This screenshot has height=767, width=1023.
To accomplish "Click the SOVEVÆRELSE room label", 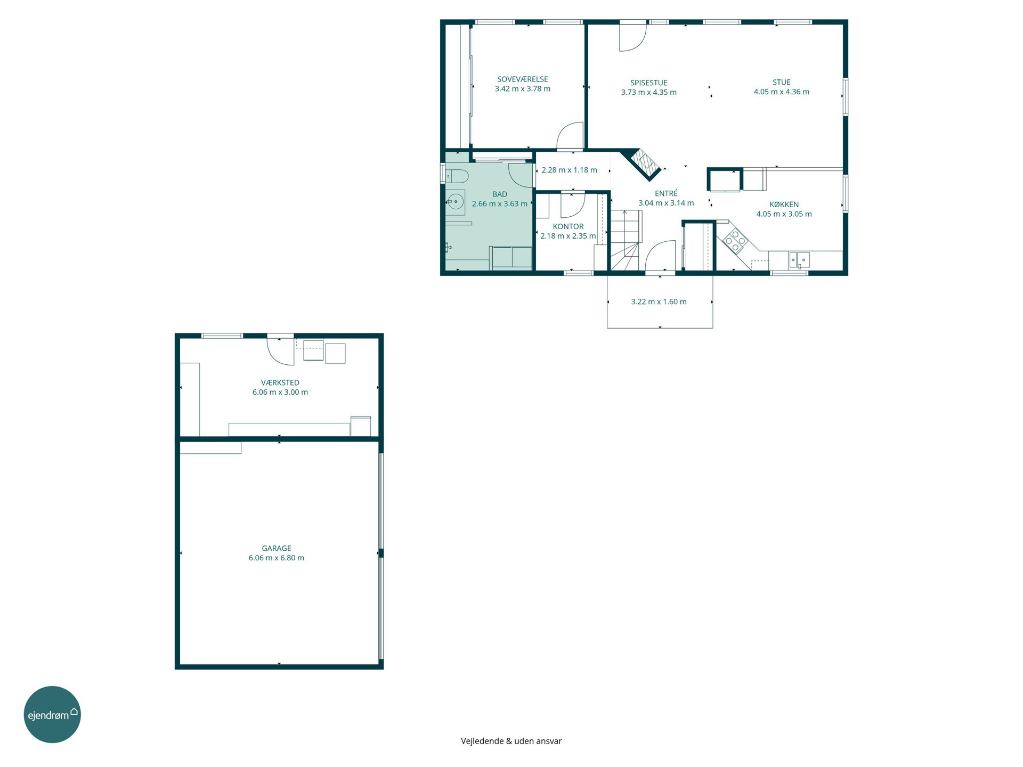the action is pos(522,79).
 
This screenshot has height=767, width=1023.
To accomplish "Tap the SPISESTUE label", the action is pos(648,83).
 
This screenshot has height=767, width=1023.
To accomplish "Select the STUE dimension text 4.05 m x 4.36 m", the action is pos(781,92).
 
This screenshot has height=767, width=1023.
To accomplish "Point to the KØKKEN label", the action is pos(784,204).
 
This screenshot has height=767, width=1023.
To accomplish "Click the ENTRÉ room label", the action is pos(666,193).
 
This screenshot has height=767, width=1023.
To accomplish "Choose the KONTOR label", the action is pos(568,226).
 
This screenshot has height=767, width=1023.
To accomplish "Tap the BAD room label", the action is pos(500,194).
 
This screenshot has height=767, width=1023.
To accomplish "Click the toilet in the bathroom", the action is pos(457,176).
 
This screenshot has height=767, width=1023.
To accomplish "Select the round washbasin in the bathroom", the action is pos(455,202).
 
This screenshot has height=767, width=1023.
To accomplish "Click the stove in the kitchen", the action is pos(735,240).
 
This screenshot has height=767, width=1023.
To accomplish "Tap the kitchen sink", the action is pos(799,259).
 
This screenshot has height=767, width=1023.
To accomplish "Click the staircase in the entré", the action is pos(625,240).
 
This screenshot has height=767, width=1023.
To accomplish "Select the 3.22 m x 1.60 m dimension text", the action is pos(659,301).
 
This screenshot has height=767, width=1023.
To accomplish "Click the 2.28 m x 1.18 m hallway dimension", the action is pos(569,170).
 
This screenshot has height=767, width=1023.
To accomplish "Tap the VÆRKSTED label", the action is pos(280,382).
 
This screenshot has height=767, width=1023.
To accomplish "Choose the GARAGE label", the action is pos(276,548).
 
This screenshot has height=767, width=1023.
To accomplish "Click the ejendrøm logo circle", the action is pos(52,714).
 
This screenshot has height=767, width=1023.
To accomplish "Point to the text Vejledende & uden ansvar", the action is pos(511,741).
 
